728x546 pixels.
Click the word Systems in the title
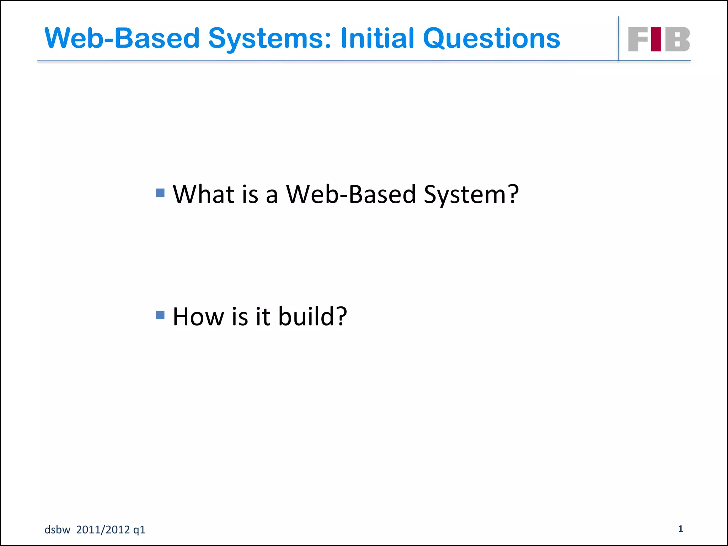click(270, 38)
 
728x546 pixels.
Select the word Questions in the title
click(492, 38)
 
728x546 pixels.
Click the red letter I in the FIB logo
click(656, 39)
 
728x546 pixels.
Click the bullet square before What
click(160, 193)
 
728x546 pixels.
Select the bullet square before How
click(160, 315)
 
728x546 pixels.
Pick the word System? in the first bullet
click(471, 195)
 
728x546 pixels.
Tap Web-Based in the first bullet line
click(351, 194)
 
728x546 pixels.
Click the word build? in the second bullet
click(312, 316)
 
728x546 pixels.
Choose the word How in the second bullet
click(198, 316)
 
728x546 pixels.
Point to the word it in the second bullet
click(263, 316)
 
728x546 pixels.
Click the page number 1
click(680, 529)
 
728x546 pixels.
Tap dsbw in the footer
click(57, 530)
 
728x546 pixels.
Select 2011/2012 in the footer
click(103, 530)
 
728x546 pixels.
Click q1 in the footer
click(139, 530)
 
